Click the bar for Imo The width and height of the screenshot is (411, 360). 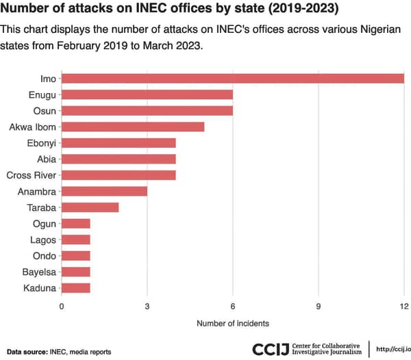[x=233, y=78]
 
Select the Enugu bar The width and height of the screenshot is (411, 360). [x=147, y=94]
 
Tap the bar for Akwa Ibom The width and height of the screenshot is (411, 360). [x=133, y=127]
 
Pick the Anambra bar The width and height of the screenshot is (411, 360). [x=104, y=191]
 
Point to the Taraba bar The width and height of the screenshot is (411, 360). [x=90, y=207]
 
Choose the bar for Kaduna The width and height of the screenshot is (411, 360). [x=76, y=288]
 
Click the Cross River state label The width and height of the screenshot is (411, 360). [x=31, y=175]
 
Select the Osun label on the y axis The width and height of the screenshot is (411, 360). [x=45, y=110]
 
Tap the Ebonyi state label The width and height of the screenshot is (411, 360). [x=40, y=143]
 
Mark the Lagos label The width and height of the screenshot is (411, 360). [x=42, y=240]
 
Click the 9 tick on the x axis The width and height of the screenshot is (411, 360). [x=319, y=305]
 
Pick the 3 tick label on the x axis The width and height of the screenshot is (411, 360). [x=147, y=305]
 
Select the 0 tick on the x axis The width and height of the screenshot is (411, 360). [x=62, y=305]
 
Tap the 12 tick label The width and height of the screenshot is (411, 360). [x=403, y=305]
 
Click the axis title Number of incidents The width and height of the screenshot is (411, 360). [x=233, y=322]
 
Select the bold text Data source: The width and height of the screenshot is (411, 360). [x=26, y=352]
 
